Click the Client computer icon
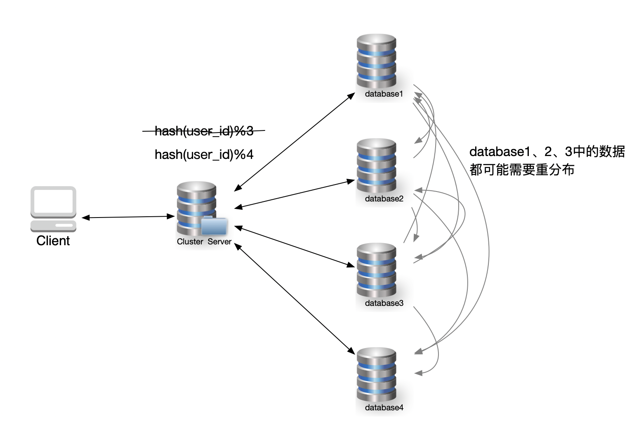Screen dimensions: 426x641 [53, 209]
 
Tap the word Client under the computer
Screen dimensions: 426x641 [53, 241]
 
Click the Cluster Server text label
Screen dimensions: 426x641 [204, 242]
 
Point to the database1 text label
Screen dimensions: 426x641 [384, 94]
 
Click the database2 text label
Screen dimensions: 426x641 [384, 199]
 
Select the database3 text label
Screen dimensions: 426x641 [384, 303]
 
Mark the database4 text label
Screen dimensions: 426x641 [384, 408]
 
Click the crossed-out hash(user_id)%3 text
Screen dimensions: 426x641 [204, 131]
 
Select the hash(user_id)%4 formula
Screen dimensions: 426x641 [204, 154]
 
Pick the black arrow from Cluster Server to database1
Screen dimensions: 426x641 [295, 142]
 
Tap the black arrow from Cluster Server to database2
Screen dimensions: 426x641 [295, 194]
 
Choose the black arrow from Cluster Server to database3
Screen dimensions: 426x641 [295, 246]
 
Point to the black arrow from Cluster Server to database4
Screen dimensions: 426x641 [295, 298]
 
